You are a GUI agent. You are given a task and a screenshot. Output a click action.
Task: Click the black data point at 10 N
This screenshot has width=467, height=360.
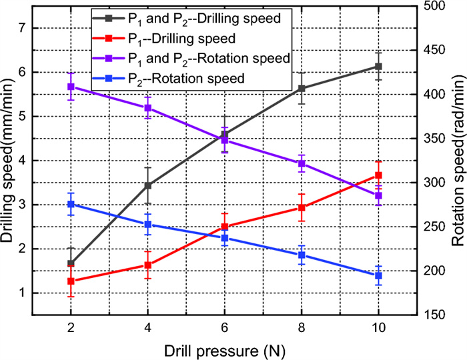tap(378, 67)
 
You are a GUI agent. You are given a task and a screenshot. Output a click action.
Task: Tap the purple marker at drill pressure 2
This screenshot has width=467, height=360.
tap(71, 87)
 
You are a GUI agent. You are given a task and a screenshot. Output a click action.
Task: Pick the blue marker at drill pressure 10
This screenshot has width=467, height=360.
tap(378, 275)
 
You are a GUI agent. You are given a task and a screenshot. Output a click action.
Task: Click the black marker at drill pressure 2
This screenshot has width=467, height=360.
tap(71, 263)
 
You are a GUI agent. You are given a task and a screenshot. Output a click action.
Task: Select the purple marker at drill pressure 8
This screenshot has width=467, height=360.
tap(302, 163)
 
